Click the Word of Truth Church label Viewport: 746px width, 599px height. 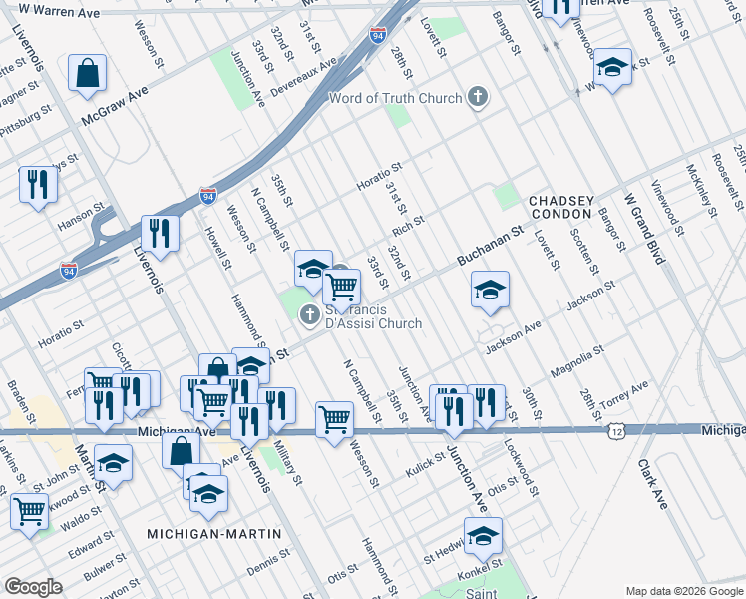(x=396, y=98)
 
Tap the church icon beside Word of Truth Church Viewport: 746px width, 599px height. (x=478, y=97)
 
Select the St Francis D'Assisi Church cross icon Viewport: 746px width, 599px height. (x=310, y=314)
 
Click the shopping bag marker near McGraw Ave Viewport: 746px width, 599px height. (x=88, y=73)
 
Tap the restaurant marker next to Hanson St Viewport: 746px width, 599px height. (x=38, y=184)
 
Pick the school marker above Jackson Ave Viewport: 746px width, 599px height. (x=489, y=290)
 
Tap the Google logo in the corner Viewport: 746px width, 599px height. (x=33, y=587)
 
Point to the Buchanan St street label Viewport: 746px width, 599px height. (x=490, y=246)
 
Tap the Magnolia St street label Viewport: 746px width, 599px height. (x=577, y=361)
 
